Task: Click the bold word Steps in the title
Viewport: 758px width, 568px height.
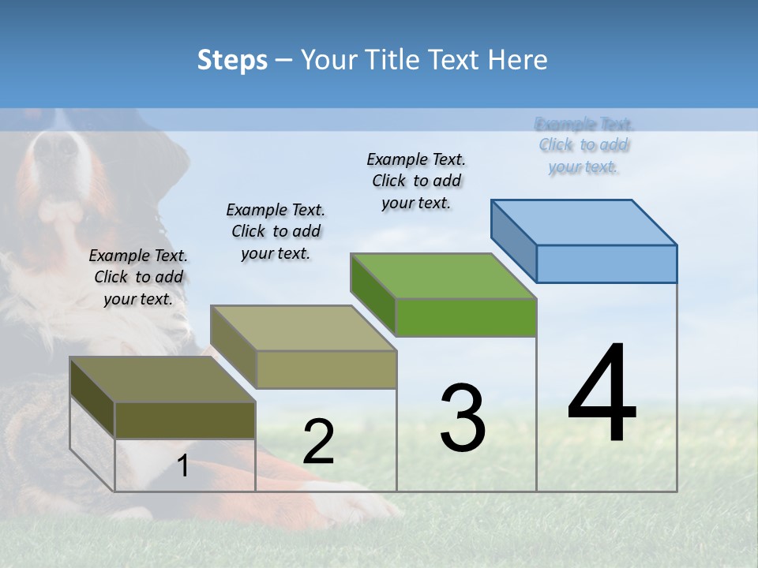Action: click(232, 60)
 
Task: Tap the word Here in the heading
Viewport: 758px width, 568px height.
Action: click(518, 60)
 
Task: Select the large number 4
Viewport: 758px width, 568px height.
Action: click(602, 394)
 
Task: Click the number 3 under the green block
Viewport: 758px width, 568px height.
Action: click(463, 418)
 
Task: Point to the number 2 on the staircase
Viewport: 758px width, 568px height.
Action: click(318, 442)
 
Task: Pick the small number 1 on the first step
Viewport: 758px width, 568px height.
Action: click(183, 466)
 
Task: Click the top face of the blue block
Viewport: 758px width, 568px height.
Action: click(584, 222)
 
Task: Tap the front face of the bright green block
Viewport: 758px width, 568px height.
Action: click(466, 318)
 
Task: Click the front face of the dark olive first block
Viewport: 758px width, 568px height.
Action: click(185, 420)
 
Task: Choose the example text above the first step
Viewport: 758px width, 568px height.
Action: click(138, 277)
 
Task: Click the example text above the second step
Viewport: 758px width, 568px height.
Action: click(276, 231)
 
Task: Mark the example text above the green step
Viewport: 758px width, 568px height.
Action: click(416, 181)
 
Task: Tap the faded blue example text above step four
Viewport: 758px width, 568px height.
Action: click(584, 145)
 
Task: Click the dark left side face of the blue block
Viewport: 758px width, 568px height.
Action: click(513, 240)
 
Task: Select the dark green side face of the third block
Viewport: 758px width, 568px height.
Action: click(373, 294)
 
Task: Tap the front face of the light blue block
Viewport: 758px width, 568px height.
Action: click(606, 263)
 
